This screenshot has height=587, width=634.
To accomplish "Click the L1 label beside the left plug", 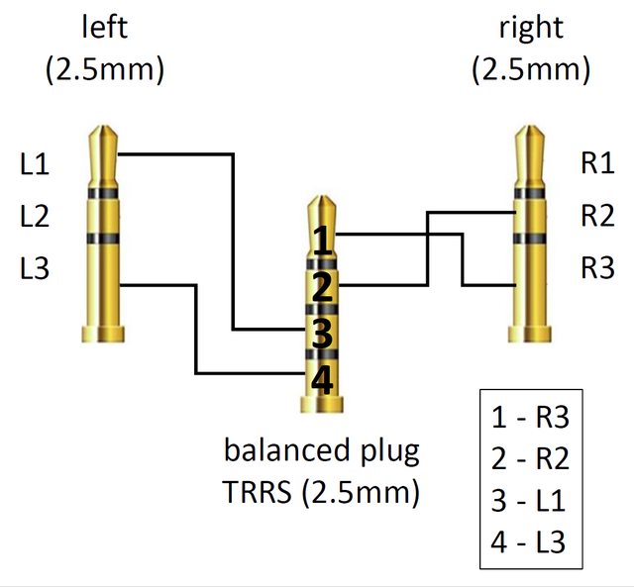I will pos(35,164).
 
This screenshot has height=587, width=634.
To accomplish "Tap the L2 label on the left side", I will pos(35,216).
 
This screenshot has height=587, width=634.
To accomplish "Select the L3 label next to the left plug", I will pos(35,268).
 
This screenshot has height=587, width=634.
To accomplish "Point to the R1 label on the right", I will pos(597,164).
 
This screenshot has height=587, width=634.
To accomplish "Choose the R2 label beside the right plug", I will pos(597,216).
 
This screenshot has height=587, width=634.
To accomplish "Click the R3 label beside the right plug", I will pos(597,268).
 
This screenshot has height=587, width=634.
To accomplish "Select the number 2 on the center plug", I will pos(321,288).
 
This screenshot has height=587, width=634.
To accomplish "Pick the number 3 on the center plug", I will pos(321,334).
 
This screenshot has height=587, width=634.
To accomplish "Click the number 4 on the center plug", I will pos(321,380).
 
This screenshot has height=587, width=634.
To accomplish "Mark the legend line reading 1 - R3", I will pos(529,418).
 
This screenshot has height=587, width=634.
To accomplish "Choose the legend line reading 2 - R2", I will pos(529,459).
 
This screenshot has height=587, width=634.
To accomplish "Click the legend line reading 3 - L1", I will pos(528,501).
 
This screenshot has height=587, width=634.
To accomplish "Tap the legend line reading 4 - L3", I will pos(528,542).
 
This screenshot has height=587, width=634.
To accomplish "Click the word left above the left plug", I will pos(104,29).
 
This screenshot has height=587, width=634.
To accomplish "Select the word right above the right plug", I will pos(532,29).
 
